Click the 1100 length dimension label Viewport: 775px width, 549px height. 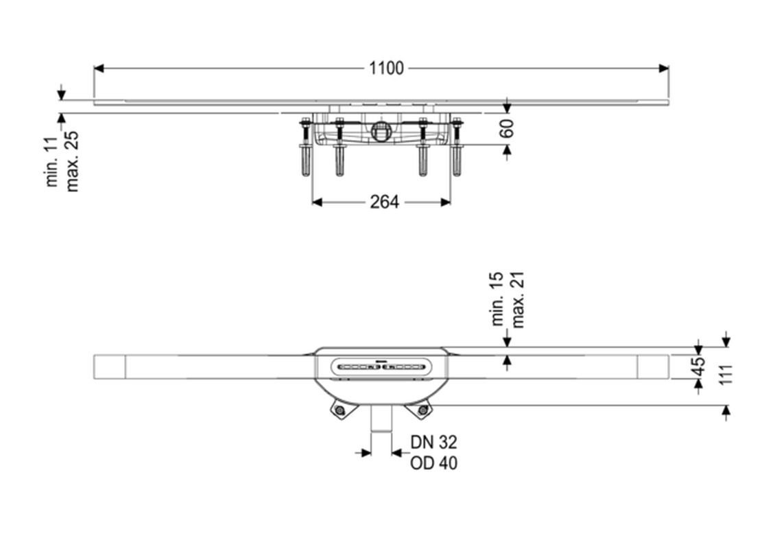tap(387, 68)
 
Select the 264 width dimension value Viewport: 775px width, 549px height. tap(385, 202)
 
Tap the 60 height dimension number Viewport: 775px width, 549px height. tap(507, 128)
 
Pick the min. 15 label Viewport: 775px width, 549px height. tap(497, 299)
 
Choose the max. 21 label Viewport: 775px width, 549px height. tap(517, 300)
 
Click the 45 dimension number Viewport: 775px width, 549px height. tap(698, 366)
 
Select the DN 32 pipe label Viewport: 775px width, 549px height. tap(433, 442)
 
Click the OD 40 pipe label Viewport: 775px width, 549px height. tap(433, 463)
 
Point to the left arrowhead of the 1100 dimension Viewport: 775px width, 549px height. tap(98, 68)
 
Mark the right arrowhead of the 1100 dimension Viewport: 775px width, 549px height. tap(664, 68)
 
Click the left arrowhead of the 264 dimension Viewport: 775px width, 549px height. tap(318, 202)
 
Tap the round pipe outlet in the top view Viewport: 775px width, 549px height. tap(380, 131)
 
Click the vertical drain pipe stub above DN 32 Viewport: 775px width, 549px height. tap(381, 419)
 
